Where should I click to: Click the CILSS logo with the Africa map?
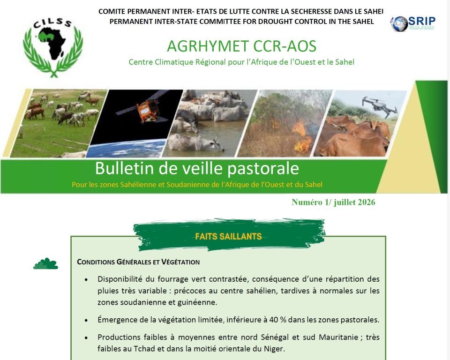point(53,47)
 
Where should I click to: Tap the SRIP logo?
point(412,23)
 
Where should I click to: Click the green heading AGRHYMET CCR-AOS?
point(242,46)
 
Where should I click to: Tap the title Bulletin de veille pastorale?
point(197,168)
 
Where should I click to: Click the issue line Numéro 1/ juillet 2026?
point(333,202)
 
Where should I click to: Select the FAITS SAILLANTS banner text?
point(228,237)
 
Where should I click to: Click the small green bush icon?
point(45,263)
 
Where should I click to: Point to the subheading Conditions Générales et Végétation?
point(138,262)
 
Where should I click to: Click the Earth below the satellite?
point(126,148)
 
